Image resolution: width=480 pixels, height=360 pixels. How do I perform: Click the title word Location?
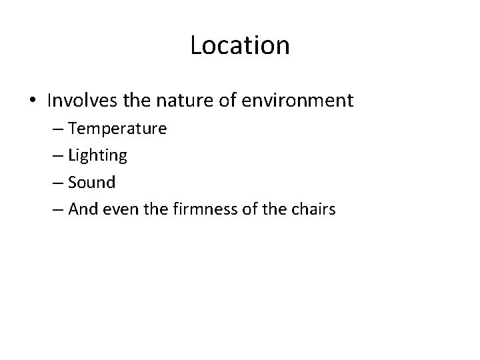coord(240,46)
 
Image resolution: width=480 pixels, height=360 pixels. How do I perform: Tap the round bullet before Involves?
coord(33,102)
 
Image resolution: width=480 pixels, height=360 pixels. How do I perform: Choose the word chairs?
coord(313,209)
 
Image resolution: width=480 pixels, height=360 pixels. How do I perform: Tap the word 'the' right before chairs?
coord(275,209)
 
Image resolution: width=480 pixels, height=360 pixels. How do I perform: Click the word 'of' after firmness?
coord(246,209)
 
